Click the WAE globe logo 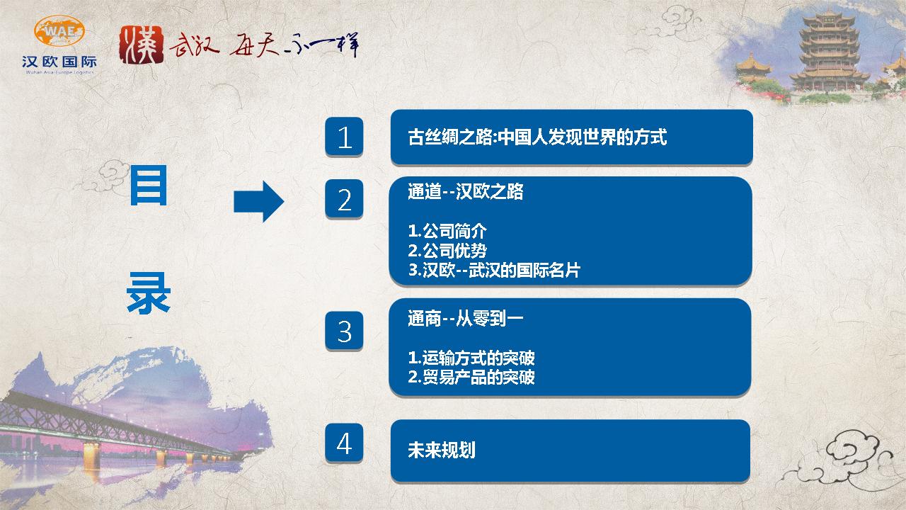pyautogui.click(x=59, y=30)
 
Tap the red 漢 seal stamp pyautogui.click(x=142, y=45)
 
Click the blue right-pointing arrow pyautogui.click(x=259, y=201)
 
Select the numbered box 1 pyautogui.click(x=344, y=137)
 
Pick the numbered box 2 pyautogui.click(x=344, y=199)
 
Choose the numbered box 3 pyautogui.click(x=344, y=330)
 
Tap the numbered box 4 pyautogui.click(x=344, y=443)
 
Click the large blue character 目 pyautogui.click(x=149, y=186)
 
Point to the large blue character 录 pyautogui.click(x=149, y=293)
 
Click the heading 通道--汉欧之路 pyautogui.click(x=466, y=191)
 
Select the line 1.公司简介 pyautogui.click(x=447, y=231)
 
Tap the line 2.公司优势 pyautogui.click(x=447, y=251)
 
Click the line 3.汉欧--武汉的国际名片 pyautogui.click(x=494, y=270)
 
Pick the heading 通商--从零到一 pyautogui.click(x=466, y=319)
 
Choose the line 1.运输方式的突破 pyautogui.click(x=471, y=358)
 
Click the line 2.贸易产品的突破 pyautogui.click(x=471, y=377)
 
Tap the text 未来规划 pyautogui.click(x=441, y=450)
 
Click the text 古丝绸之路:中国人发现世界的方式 pyautogui.click(x=537, y=137)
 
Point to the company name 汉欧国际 pyautogui.click(x=59, y=62)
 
